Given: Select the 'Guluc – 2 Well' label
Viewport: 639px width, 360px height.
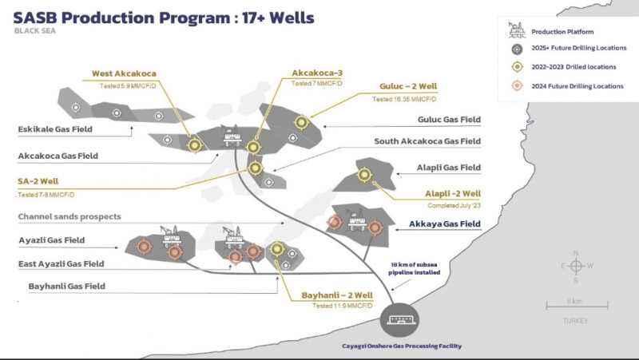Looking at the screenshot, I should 408,88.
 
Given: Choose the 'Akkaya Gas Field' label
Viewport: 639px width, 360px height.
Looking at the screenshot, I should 445,224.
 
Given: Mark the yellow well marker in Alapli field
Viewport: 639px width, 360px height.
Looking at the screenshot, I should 365,174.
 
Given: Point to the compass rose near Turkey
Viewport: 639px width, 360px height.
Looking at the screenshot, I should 575,267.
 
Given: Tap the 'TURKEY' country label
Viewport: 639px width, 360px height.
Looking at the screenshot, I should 574,321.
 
